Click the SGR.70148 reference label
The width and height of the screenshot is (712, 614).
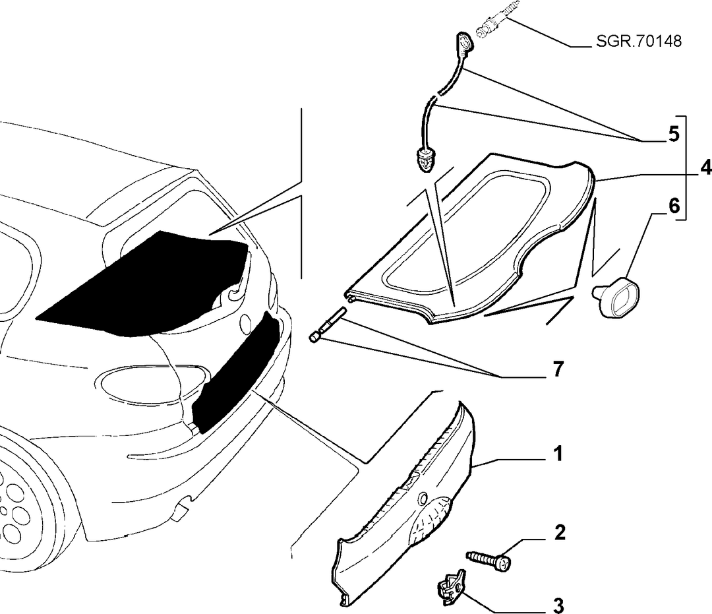click(x=638, y=42)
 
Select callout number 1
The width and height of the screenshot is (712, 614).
click(x=558, y=454)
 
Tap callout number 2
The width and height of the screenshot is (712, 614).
click(x=560, y=533)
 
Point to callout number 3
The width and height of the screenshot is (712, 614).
click(x=558, y=605)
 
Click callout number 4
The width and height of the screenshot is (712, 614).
click(x=705, y=168)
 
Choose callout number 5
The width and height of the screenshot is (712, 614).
click(x=673, y=134)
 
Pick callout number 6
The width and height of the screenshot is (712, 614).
click(x=674, y=206)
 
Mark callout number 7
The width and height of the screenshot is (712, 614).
click(x=558, y=369)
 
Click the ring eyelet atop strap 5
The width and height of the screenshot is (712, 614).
click(x=464, y=43)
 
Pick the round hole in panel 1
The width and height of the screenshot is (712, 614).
click(x=423, y=498)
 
